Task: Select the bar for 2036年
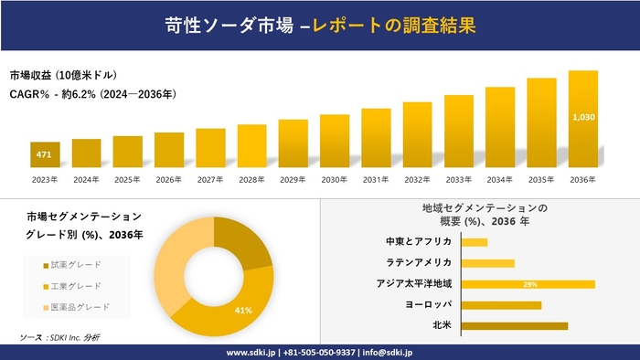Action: [583, 119]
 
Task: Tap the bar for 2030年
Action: [335, 142]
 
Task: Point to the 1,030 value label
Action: [583, 117]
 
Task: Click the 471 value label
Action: [44, 155]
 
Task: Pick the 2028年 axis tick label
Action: [251, 179]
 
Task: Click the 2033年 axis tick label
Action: [459, 179]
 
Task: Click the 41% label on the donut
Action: [243, 311]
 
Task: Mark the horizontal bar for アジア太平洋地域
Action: [528, 284]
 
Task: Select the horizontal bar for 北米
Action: [515, 325]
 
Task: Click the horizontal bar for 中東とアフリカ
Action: [475, 242]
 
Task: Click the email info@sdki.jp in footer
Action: [388, 352]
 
